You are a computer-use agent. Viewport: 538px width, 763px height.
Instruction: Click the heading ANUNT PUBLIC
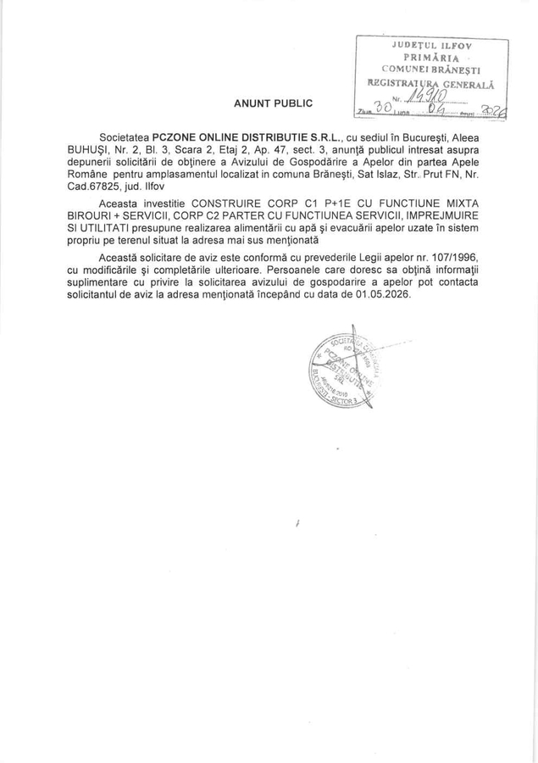(x=274, y=103)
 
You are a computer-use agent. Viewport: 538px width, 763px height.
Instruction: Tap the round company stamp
(x=342, y=373)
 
